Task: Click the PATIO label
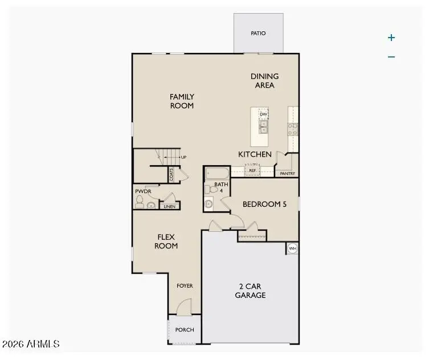[x=258, y=33]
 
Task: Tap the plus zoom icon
[x=391, y=38]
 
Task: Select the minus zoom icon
[x=391, y=56]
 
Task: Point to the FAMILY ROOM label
[x=182, y=101]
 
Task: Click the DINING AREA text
[x=265, y=81]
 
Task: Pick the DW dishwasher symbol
[x=263, y=114]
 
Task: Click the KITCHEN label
[x=255, y=154]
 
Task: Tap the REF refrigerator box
[x=252, y=170]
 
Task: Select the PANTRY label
[x=288, y=174]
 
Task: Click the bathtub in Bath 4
[x=217, y=173]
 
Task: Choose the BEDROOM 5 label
[x=264, y=204]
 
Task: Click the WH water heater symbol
[x=292, y=249]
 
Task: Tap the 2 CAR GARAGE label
[x=250, y=291]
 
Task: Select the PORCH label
[x=185, y=330]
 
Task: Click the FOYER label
[x=185, y=286]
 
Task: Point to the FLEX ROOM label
[x=167, y=242]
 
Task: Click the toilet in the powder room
[x=140, y=201]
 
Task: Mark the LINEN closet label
[x=169, y=207]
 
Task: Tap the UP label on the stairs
[x=183, y=157]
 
